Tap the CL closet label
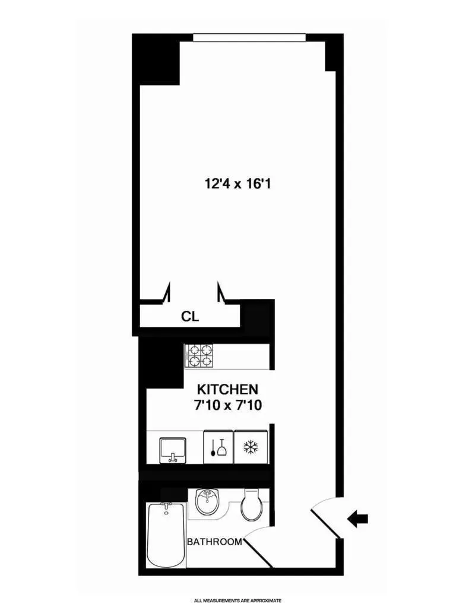click(x=190, y=316)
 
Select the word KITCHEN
click(x=227, y=390)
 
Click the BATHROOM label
click(x=214, y=542)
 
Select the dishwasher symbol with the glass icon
click(x=218, y=447)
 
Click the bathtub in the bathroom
click(x=166, y=535)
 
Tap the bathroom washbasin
click(x=207, y=503)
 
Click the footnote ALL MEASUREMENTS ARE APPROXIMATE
click(x=237, y=600)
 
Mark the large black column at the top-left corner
click(x=157, y=59)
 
